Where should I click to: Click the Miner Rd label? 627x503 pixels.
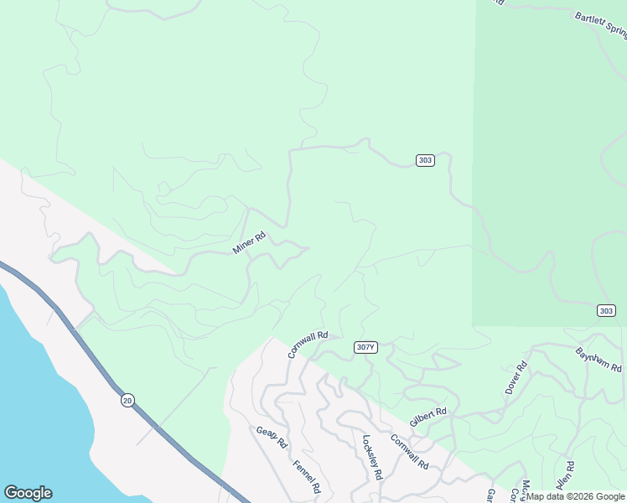[x=249, y=244]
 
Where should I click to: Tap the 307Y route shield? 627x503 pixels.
[x=365, y=347]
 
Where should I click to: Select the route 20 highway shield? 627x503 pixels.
[x=127, y=400]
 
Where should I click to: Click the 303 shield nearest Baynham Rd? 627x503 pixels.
[x=607, y=310]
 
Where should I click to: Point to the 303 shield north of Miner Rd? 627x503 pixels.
[x=425, y=160]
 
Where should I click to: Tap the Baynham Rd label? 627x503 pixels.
[x=598, y=360]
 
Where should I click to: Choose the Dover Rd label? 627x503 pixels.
[x=516, y=377]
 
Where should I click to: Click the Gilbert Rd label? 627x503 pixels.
[x=427, y=417]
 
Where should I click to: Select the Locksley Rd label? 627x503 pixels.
[x=371, y=456]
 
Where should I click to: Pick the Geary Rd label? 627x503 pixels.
[x=272, y=437]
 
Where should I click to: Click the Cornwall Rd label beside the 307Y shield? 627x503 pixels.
[x=307, y=344]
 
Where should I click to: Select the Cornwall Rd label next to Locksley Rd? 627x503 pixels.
[x=410, y=451]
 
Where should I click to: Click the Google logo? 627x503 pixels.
[x=28, y=493]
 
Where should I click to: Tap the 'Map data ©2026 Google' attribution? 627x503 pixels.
[x=575, y=496]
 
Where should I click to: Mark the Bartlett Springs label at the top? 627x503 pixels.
[x=600, y=25]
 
